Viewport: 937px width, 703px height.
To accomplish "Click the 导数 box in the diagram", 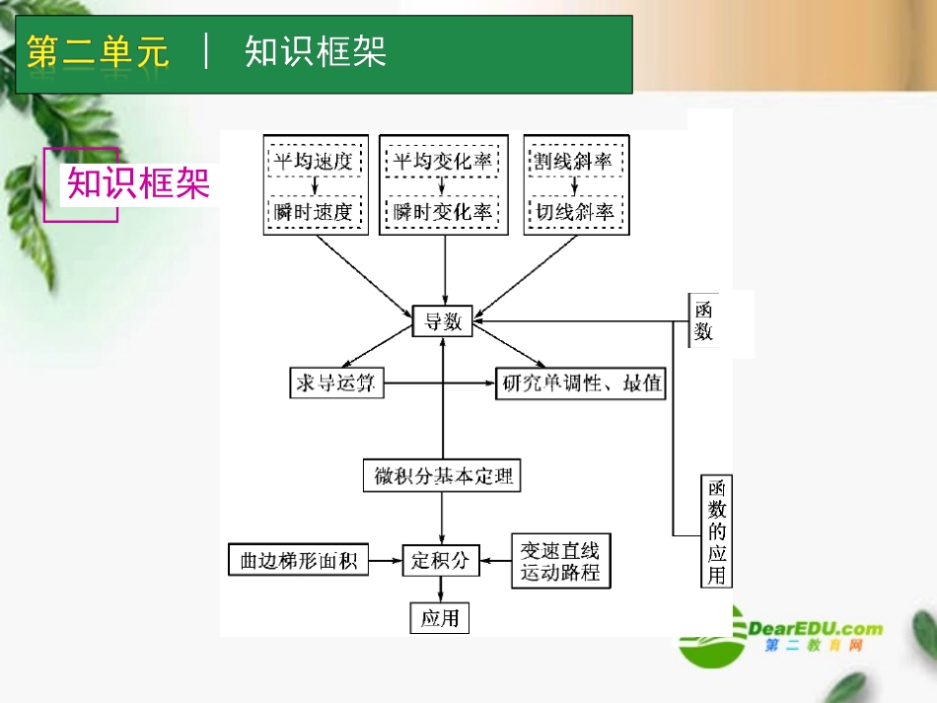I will click(x=443, y=320).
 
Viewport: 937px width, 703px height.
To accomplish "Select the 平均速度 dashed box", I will click(x=313, y=161).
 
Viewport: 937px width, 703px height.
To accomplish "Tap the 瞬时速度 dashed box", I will click(x=313, y=211).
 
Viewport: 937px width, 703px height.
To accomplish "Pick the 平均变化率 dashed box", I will click(x=442, y=161).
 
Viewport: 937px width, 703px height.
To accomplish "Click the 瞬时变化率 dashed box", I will click(x=442, y=211).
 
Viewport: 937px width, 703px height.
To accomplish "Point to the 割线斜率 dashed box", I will click(x=573, y=161).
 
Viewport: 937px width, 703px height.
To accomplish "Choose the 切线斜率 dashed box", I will click(x=573, y=211).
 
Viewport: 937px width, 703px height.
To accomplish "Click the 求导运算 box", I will click(x=335, y=383).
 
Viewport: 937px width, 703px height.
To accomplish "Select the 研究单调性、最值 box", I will click(x=581, y=383).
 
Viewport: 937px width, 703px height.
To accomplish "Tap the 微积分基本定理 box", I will click(x=440, y=476).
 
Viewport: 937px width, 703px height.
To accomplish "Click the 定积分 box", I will click(x=440, y=561).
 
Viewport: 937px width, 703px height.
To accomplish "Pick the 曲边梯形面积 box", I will click(x=298, y=561).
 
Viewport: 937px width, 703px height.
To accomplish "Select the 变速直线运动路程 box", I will click(x=560, y=561).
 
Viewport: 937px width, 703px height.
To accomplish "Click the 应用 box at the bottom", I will click(x=440, y=618).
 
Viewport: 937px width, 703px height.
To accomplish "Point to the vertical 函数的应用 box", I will click(x=717, y=530).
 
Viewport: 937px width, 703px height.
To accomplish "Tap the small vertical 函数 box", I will click(x=703, y=320).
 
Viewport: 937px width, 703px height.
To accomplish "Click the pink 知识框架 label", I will click(x=138, y=183).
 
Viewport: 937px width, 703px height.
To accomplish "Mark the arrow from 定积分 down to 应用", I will click(x=440, y=590).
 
